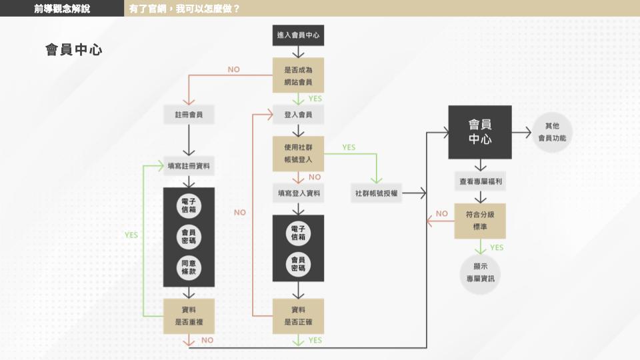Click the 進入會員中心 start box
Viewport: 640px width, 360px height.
[298, 35]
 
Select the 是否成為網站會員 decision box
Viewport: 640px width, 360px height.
[298, 75]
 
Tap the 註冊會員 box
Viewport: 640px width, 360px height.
[189, 115]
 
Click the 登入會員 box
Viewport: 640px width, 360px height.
[298, 115]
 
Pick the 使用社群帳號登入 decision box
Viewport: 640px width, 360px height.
[298, 153]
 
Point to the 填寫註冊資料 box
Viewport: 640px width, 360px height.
[189, 166]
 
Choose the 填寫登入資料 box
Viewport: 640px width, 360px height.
[299, 193]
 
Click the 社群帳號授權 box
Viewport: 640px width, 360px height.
[376, 193]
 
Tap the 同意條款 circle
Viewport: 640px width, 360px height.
[189, 267]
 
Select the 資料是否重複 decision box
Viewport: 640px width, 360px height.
[189, 316]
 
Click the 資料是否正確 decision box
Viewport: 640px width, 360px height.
[298, 316]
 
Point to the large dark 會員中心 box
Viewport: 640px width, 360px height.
[480, 132]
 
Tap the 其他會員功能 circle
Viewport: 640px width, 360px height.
[552, 132]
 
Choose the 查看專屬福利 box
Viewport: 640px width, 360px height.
[481, 181]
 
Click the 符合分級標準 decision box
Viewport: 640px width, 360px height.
[480, 221]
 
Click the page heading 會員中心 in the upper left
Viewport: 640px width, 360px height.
[74, 50]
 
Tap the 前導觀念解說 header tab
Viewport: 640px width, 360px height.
[62, 8]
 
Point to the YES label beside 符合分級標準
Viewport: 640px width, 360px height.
[497, 248]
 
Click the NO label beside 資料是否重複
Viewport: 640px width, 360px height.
[207, 340]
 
